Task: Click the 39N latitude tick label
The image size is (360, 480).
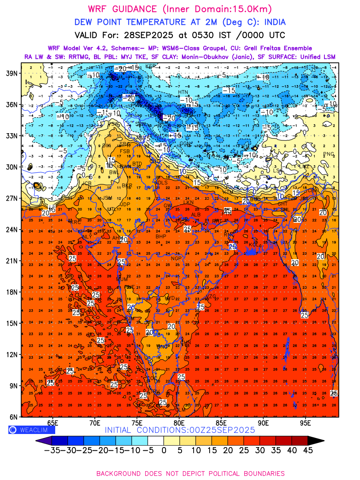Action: (x=12, y=73)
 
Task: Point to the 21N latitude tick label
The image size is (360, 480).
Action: (x=12, y=261)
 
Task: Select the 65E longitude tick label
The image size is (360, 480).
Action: (x=53, y=423)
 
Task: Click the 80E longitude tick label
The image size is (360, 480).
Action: (x=179, y=423)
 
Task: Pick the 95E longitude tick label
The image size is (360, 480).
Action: (x=306, y=423)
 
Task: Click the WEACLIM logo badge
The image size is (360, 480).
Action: (x=32, y=430)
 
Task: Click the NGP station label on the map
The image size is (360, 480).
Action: (x=176, y=259)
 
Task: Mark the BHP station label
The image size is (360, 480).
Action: (x=161, y=237)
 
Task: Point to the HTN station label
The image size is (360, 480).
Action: (x=183, y=92)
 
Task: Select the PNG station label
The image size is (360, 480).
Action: (x=328, y=154)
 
